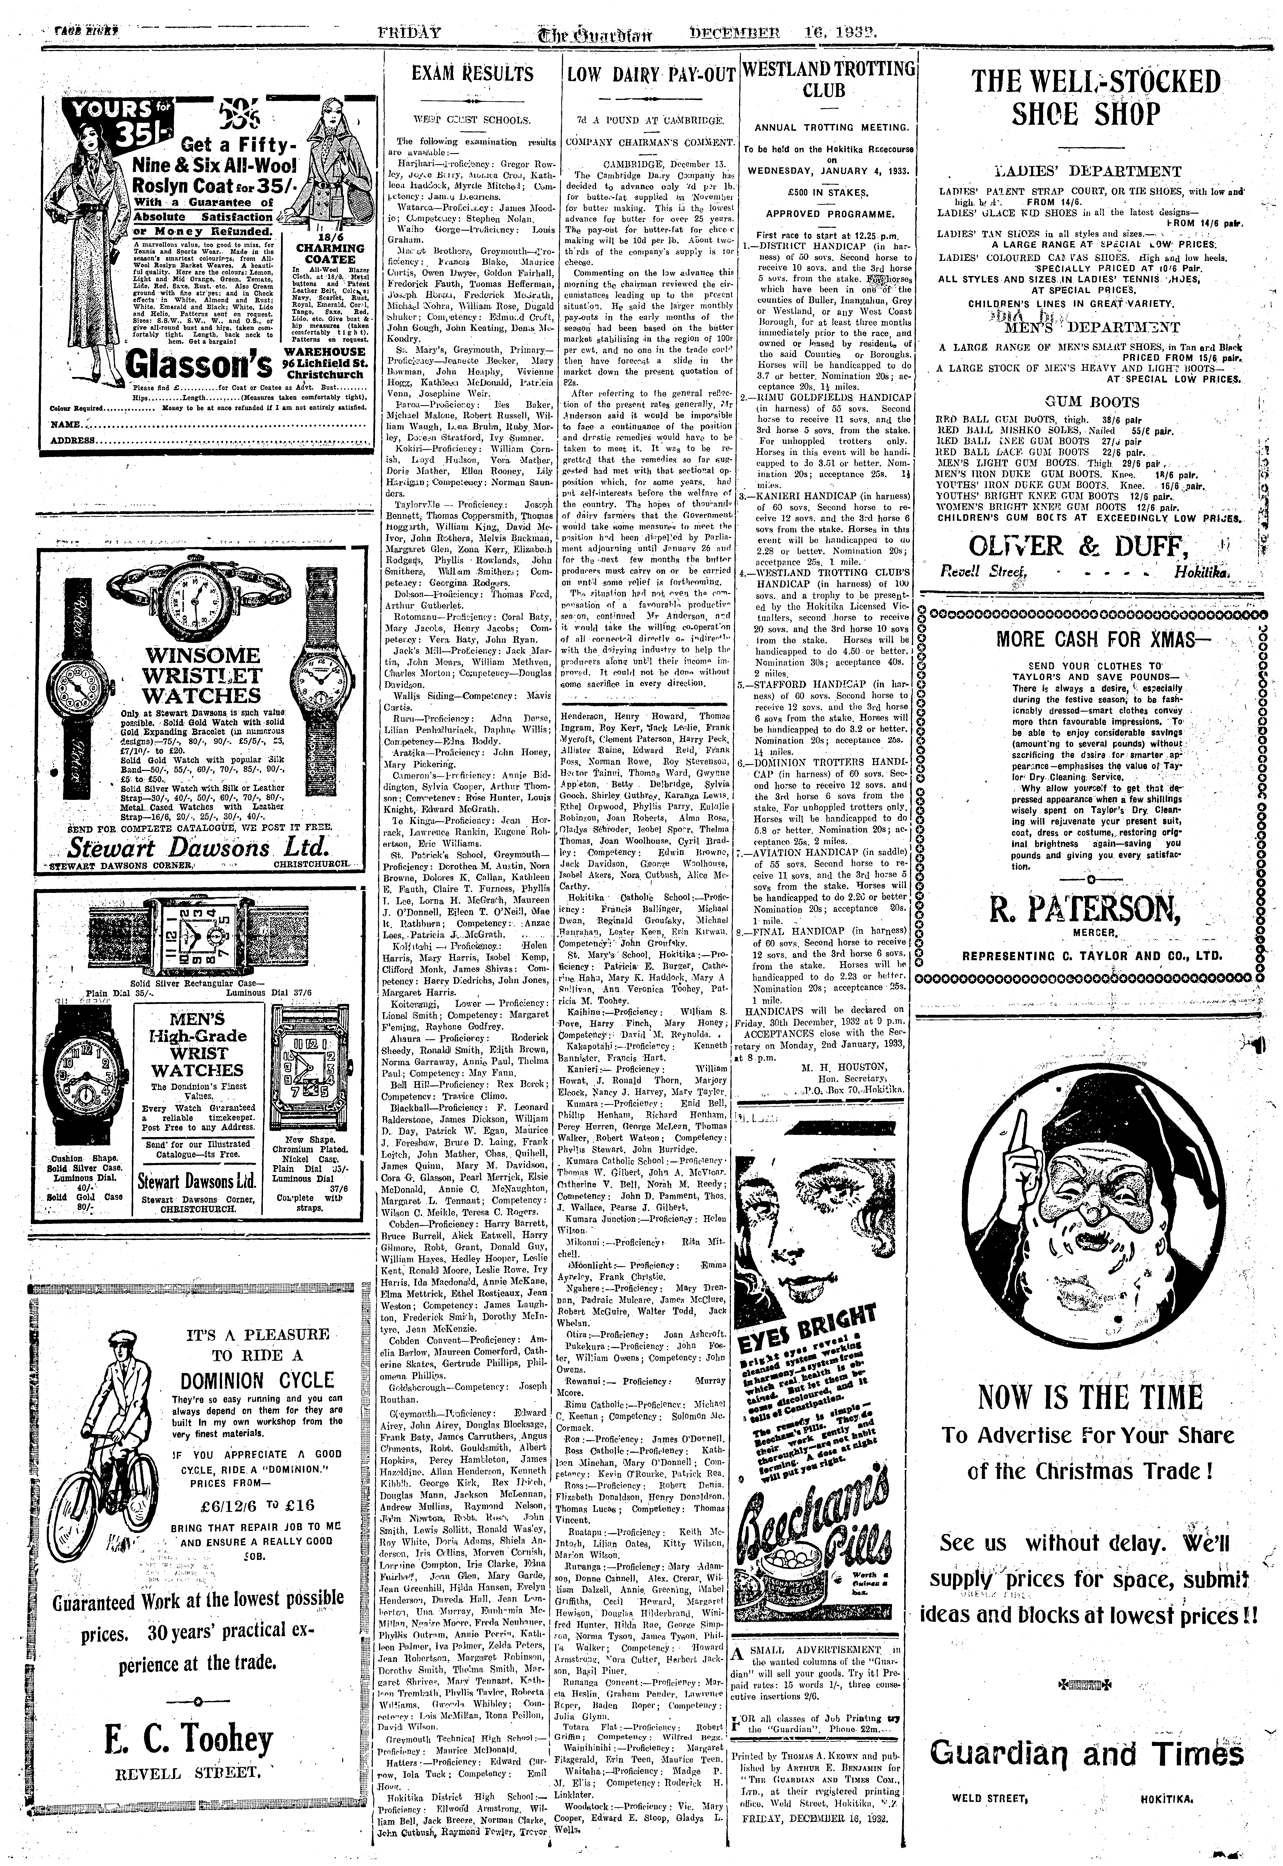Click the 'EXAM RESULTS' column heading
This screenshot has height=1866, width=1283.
pyautogui.click(x=473, y=75)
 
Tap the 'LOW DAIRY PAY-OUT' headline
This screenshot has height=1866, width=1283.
pyautogui.click(x=650, y=75)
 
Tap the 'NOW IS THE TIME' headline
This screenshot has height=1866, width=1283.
pyautogui.click(x=1090, y=1397)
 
